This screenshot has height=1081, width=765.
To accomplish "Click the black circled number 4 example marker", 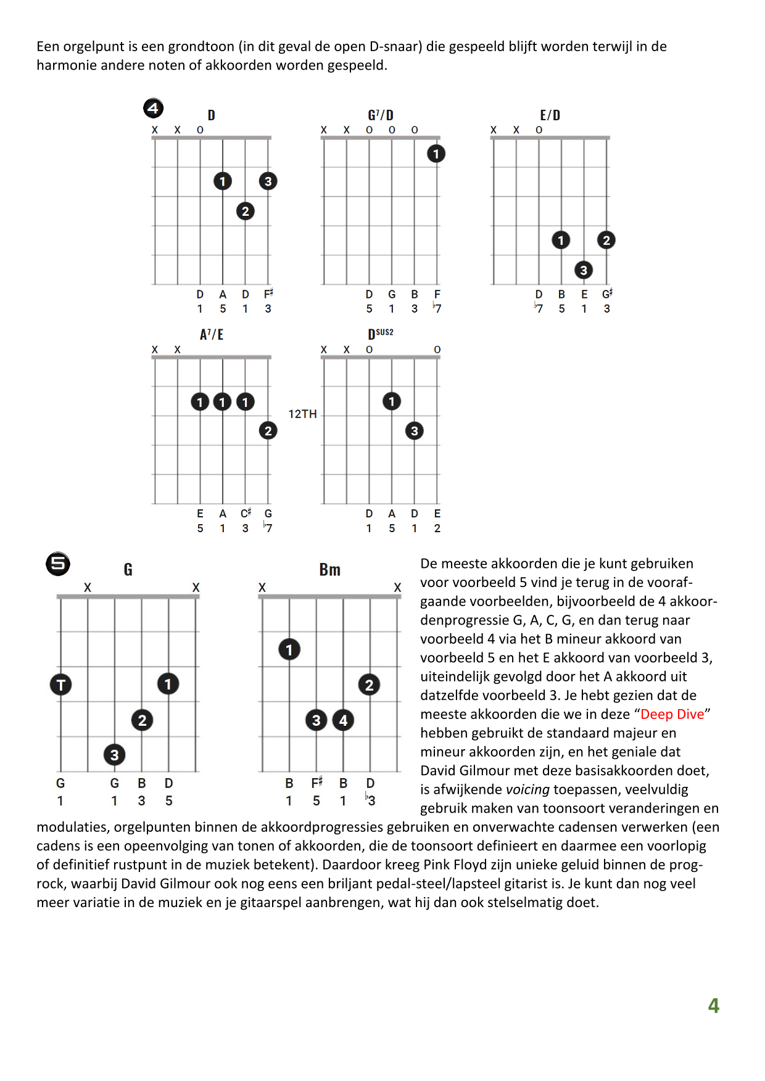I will (x=153, y=109).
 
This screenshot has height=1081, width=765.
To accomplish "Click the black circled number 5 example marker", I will (x=58, y=564).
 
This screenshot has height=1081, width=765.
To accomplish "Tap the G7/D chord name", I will (x=381, y=115).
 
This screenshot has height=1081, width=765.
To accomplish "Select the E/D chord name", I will (x=550, y=115).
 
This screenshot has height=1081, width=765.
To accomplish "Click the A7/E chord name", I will (x=212, y=335).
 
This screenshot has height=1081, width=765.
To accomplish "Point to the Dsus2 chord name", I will (x=380, y=334).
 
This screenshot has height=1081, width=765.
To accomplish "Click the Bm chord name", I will (x=330, y=570).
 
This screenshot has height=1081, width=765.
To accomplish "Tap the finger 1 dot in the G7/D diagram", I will (x=436, y=154).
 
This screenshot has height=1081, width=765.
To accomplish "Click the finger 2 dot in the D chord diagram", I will (x=246, y=212).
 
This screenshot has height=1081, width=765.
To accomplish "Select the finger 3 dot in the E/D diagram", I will (x=584, y=269).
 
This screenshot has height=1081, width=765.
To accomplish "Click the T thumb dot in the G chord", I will (x=60, y=684).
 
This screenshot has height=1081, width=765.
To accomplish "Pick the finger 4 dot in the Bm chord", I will (x=344, y=720).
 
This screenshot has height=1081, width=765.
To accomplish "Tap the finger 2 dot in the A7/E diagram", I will (x=268, y=430).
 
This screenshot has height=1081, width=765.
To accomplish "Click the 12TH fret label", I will (x=302, y=414).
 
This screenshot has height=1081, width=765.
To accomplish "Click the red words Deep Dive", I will (x=672, y=714).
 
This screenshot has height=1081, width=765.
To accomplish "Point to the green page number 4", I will (x=714, y=1006).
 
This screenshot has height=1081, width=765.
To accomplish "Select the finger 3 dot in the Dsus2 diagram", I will (x=415, y=430).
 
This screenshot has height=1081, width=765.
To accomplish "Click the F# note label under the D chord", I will (x=268, y=294).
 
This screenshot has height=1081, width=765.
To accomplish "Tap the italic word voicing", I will (x=527, y=789).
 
